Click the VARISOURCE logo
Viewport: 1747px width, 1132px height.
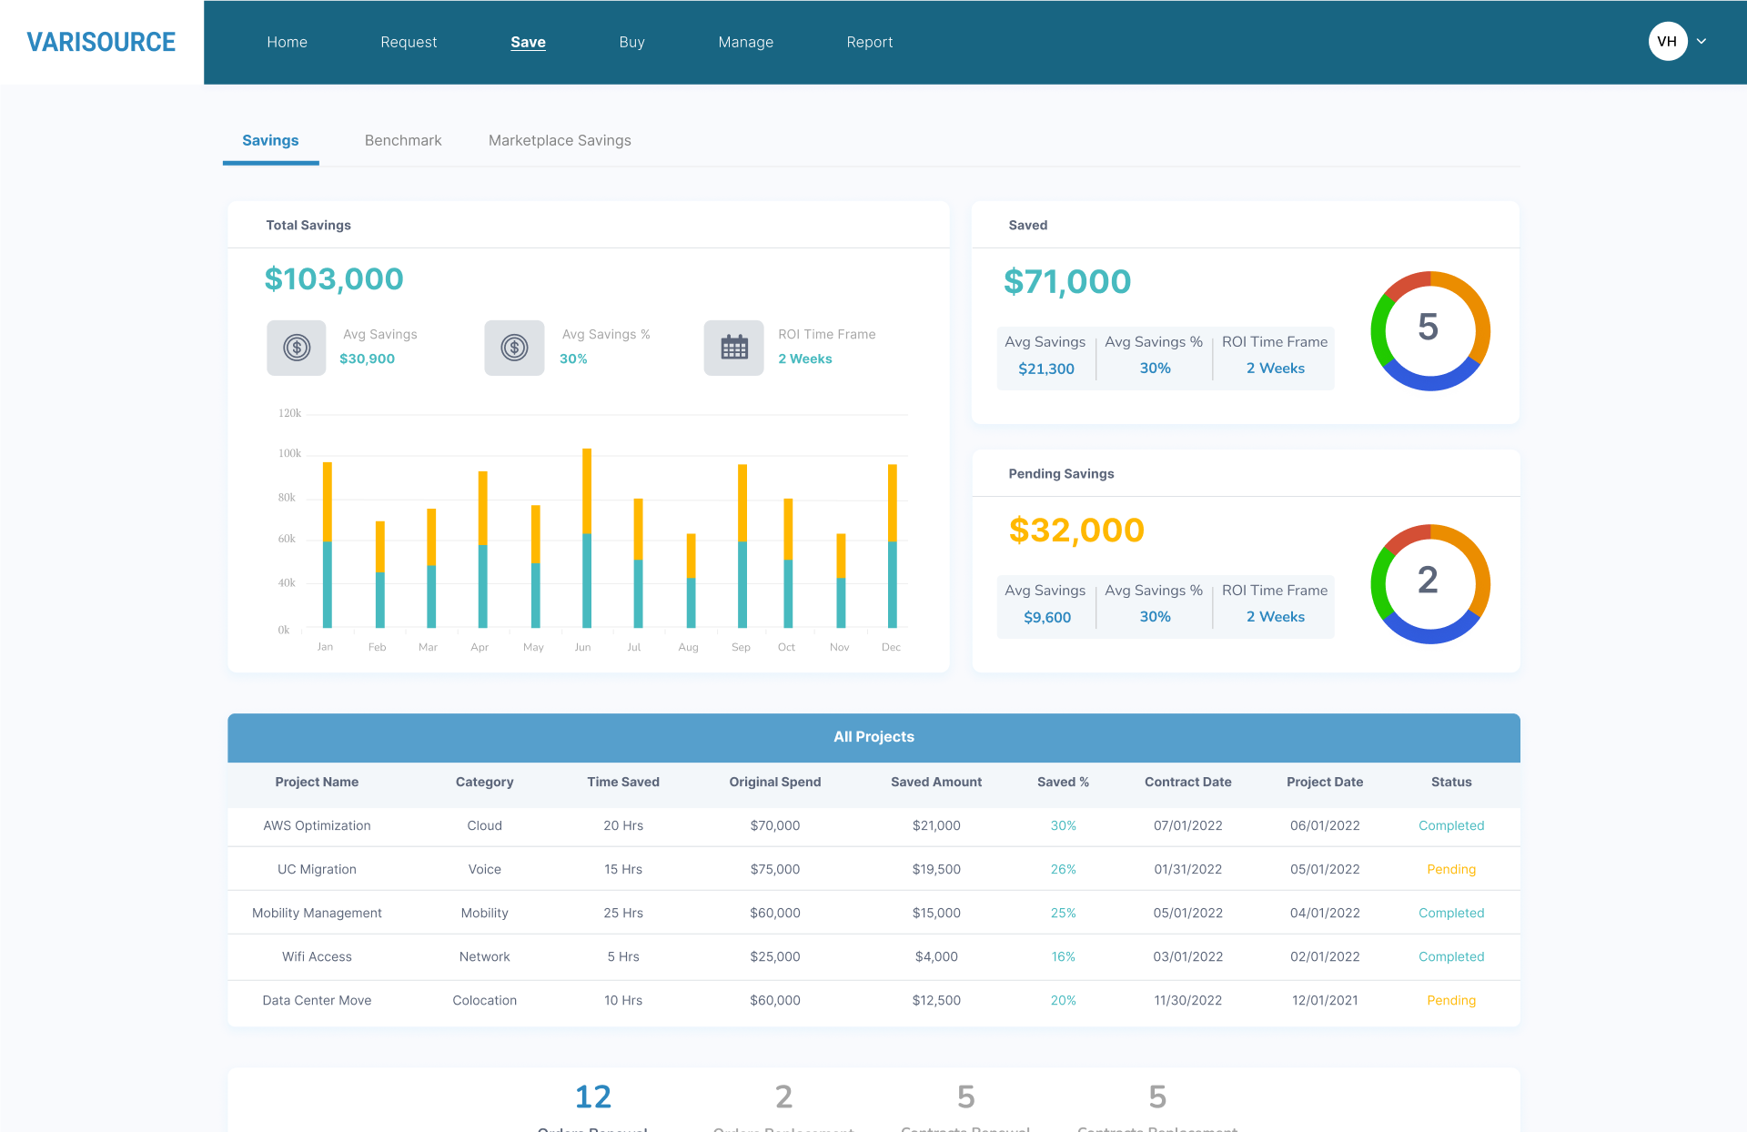[101, 42]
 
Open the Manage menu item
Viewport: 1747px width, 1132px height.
[745, 42]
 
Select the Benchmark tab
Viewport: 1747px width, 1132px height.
[402, 140]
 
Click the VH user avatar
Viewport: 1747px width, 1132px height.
[1667, 41]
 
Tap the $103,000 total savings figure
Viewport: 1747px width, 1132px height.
[334, 279]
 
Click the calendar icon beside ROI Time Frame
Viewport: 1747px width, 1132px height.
[733, 348]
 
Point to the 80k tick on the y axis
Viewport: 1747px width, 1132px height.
[287, 498]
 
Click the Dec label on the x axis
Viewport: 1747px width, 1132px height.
[891, 647]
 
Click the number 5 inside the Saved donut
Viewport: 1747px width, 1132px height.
[1429, 328]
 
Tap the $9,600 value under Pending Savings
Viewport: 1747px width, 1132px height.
[1047, 617]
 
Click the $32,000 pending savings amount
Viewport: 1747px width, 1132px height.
[1076, 530]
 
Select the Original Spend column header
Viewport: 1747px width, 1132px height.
[774, 782]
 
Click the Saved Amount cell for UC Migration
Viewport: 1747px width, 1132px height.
[936, 869]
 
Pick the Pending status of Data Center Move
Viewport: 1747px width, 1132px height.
[1450, 1000]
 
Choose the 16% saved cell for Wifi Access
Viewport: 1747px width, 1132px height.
[1063, 956]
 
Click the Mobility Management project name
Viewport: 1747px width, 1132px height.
[317, 913]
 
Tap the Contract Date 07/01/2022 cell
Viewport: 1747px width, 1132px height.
[1187, 825]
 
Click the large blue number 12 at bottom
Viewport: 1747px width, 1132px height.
[593, 1097]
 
